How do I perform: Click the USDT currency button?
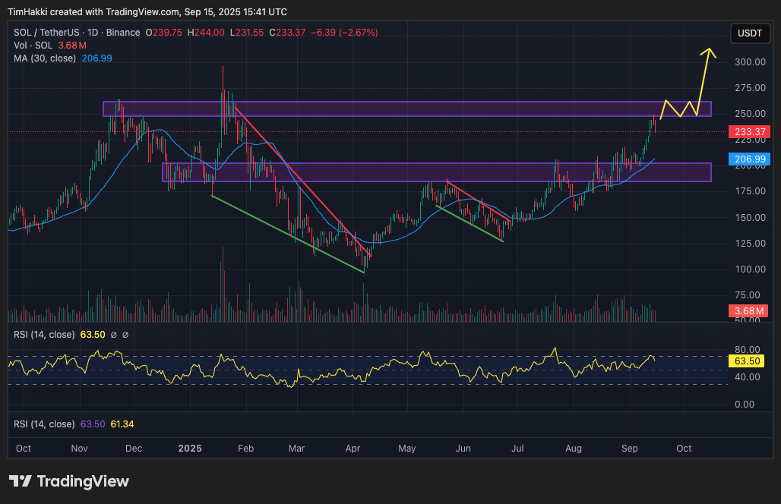(x=750, y=33)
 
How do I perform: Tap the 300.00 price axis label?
(x=751, y=62)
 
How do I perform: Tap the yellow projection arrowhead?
(x=710, y=52)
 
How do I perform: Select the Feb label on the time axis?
(x=245, y=449)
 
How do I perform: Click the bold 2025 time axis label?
(x=191, y=449)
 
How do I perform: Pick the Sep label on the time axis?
(x=629, y=449)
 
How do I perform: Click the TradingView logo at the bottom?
(x=69, y=481)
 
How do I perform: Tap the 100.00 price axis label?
(x=751, y=269)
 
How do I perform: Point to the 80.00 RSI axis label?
(x=749, y=350)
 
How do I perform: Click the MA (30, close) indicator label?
(x=44, y=58)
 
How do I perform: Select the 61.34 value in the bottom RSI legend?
(x=122, y=424)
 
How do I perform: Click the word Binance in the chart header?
(x=123, y=33)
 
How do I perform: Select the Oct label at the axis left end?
(x=24, y=449)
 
